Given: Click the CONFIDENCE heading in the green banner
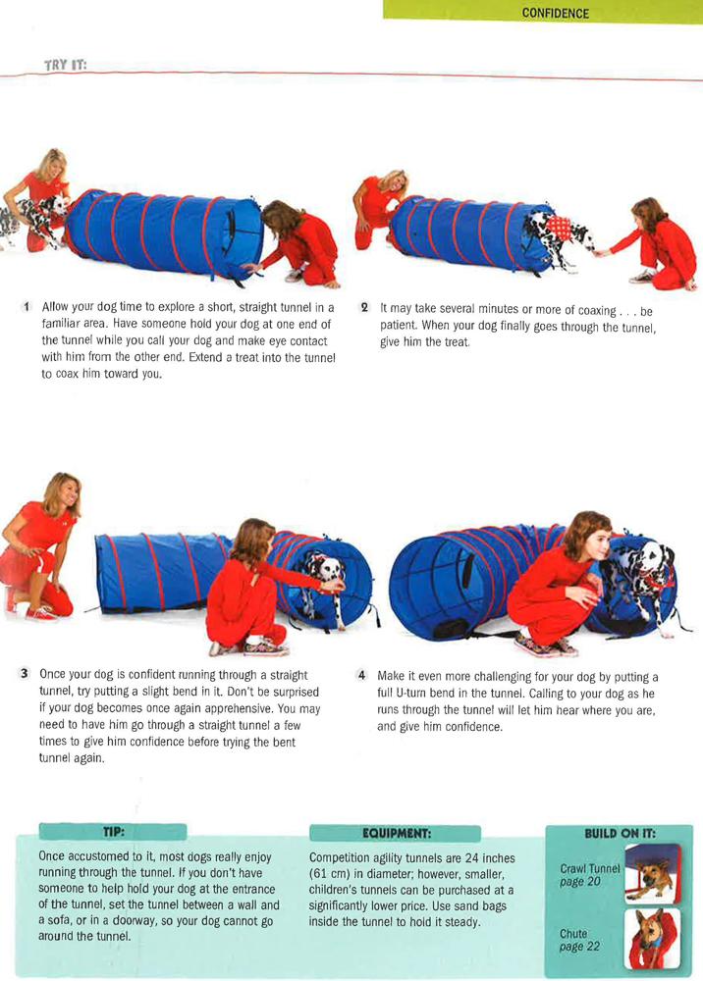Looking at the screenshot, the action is click(x=556, y=13).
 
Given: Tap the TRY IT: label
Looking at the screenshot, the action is click(x=65, y=65).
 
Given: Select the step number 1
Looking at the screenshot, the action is click(x=27, y=306).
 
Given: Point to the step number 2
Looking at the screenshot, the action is click(x=364, y=307).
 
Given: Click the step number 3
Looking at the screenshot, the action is click(x=24, y=674).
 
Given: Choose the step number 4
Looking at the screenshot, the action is click(x=361, y=675).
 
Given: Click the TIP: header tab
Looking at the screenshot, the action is click(x=113, y=832).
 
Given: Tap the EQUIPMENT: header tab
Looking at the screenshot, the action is click(x=396, y=833).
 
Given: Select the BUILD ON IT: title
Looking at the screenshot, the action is click(x=620, y=833).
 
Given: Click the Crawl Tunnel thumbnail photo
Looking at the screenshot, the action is click(x=652, y=873).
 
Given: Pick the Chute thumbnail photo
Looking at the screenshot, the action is click(x=652, y=939).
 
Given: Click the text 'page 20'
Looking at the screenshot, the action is click(x=579, y=882).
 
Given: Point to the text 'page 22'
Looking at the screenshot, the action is click(x=579, y=947).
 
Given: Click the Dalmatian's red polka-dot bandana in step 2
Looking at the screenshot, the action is click(x=559, y=228).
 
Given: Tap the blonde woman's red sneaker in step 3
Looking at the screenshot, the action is click(x=41, y=614).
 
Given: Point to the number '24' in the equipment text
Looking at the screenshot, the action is click(x=472, y=858).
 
